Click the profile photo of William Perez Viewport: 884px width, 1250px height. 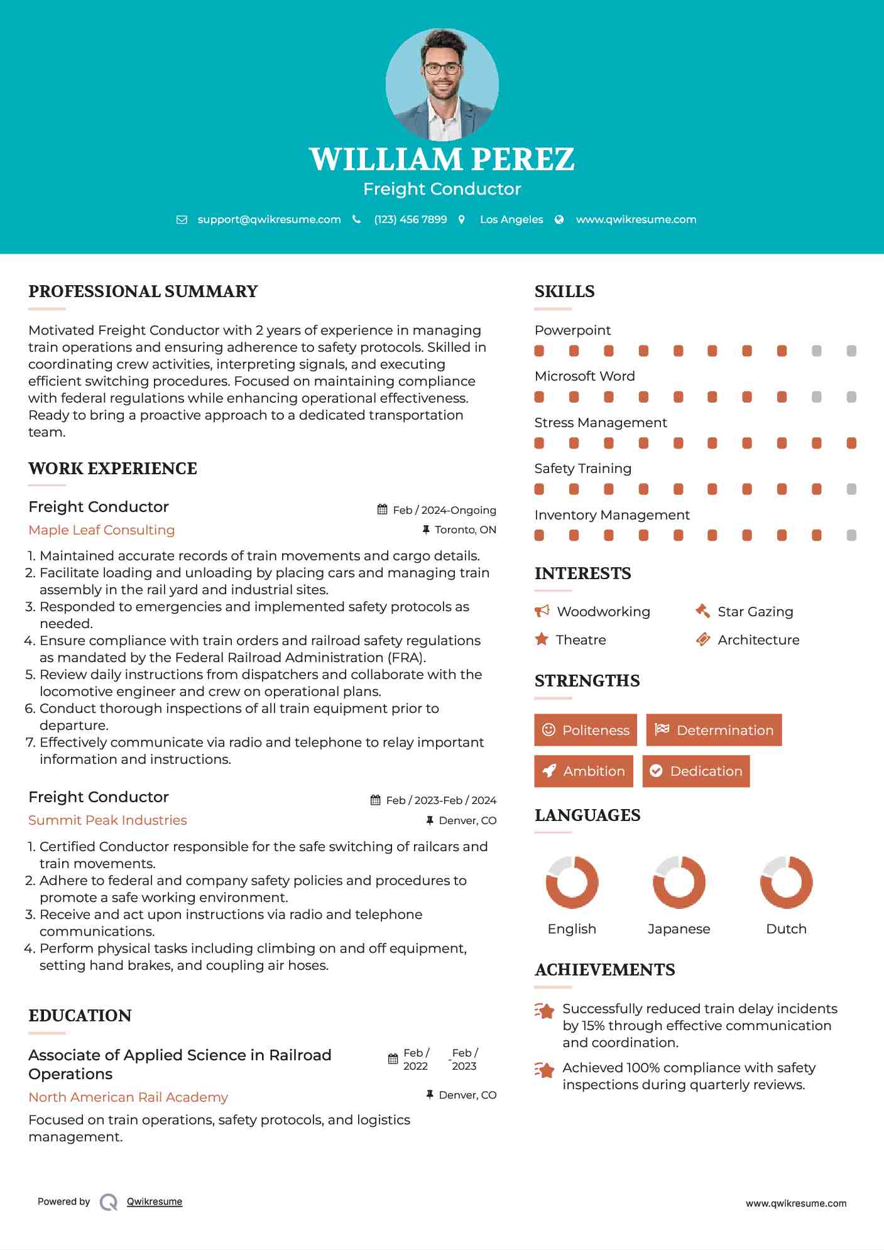442,84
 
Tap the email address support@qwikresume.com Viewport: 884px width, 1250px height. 269,219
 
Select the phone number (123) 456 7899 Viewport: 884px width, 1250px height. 410,219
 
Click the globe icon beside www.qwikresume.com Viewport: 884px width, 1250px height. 559,219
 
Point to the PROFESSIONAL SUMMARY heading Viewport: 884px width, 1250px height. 143,291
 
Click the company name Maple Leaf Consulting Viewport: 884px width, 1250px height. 102,530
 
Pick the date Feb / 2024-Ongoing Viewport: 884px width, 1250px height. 444,510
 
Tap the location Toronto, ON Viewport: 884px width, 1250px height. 465,530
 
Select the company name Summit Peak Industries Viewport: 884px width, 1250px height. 107,820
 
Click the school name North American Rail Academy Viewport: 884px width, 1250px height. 128,1097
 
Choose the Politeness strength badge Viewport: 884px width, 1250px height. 586,730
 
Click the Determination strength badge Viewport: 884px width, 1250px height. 714,730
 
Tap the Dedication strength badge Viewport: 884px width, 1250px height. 696,771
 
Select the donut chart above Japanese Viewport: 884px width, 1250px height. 679,882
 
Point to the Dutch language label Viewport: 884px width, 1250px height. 786,929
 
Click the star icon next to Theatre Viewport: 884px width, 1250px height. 542,639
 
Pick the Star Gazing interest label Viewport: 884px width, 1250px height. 755,612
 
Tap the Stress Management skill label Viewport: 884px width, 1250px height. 601,423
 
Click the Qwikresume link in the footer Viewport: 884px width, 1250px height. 155,1202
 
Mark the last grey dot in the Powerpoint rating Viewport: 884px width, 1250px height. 851,351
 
